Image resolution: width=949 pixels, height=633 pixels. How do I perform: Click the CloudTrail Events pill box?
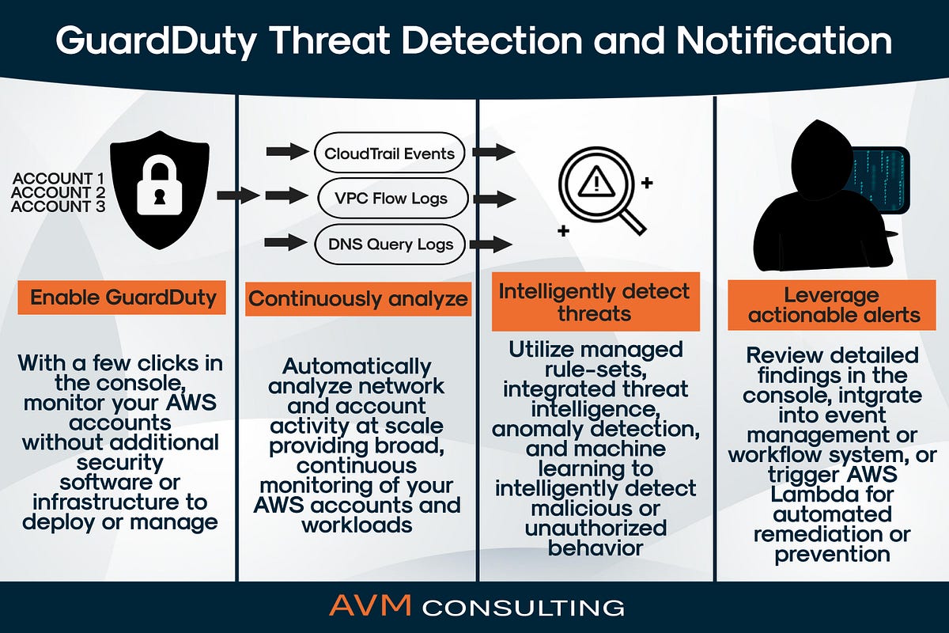(390, 153)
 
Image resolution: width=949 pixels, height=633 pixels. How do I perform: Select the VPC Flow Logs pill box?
(390, 198)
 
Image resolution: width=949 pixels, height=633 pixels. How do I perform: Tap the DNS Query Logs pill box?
(390, 244)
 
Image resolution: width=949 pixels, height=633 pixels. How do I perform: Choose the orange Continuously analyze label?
(358, 299)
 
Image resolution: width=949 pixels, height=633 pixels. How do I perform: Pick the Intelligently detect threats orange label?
(595, 301)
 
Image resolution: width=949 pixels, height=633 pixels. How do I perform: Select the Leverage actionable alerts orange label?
(834, 305)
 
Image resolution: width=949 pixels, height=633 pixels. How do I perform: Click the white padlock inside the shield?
(159, 189)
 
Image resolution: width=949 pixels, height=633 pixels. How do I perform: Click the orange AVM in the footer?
(370, 607)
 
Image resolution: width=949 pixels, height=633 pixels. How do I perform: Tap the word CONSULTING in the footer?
(524, 608)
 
